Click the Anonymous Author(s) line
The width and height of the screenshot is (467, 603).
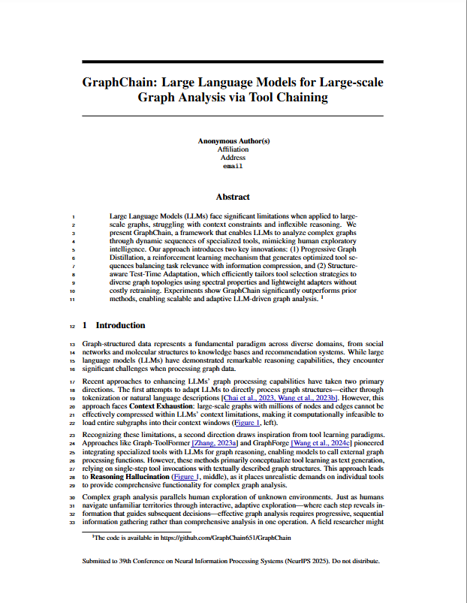[x=233, y=141]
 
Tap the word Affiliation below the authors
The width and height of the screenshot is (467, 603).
[x=233, y=149]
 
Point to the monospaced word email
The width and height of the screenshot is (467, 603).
[x=233, y=166]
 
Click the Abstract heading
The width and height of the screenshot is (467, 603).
[x=233, y=197]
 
